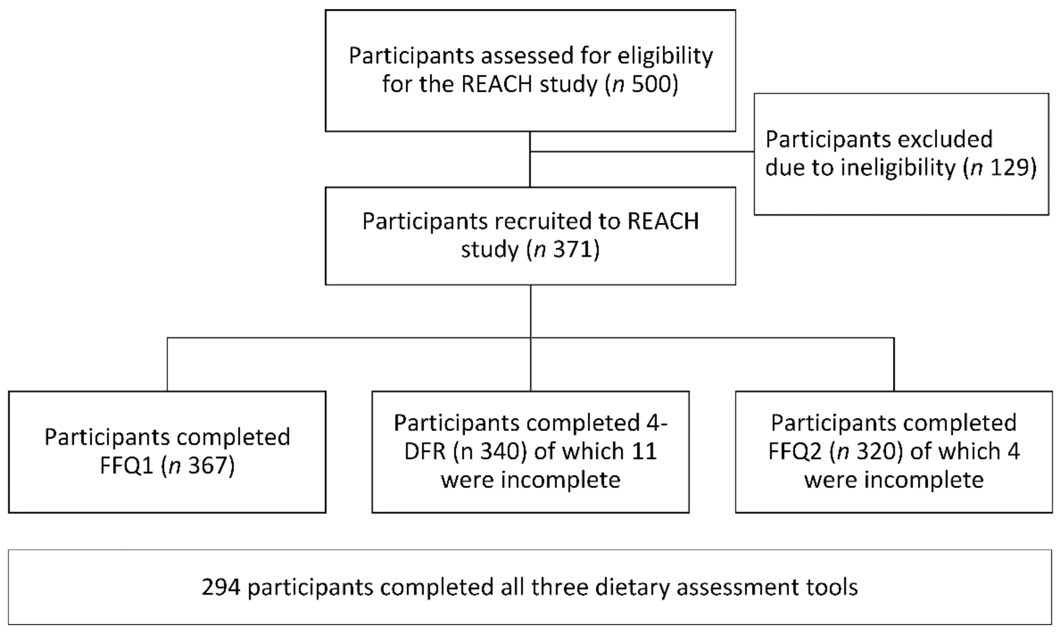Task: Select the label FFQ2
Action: click(x=795, y=452)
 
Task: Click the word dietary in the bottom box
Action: click(x=632, y=587)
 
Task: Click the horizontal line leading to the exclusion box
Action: click(x=642, y=152)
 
